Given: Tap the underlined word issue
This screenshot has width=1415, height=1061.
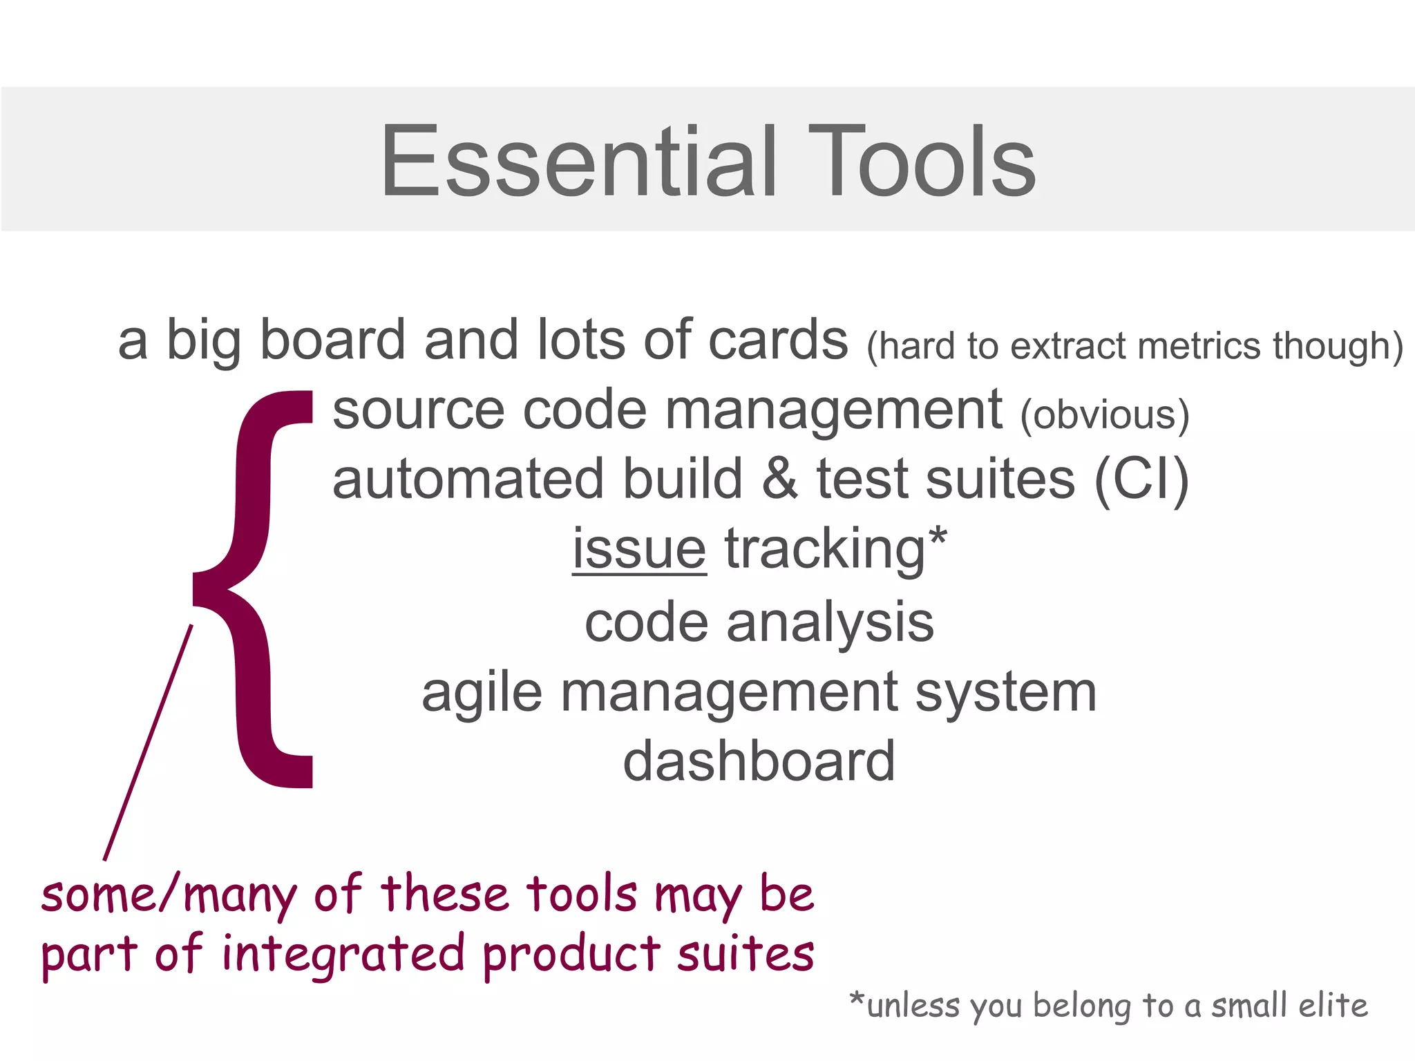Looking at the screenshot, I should [639, 549].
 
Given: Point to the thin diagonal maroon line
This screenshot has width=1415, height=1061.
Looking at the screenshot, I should [148, 743].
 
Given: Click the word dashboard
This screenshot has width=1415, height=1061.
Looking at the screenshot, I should [759, 761].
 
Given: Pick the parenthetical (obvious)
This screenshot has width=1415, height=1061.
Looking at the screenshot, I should [1104, 414].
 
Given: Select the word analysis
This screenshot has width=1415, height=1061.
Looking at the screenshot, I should [830, 623].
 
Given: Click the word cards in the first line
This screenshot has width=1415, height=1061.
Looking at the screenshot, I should [778, 340].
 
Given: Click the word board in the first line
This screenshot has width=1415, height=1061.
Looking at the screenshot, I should [332, 340].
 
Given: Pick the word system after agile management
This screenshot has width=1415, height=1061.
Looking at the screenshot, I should [1005, 694].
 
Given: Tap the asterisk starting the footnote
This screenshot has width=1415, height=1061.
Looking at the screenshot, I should [857, 999].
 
